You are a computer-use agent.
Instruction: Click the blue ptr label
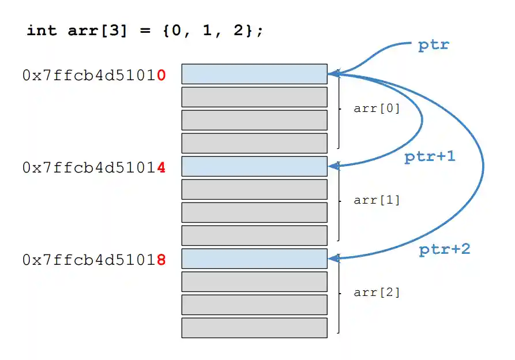(x=433, y=46)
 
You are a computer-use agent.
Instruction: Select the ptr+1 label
(x=430, y=156)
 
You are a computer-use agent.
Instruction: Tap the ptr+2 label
(x=444, y=249)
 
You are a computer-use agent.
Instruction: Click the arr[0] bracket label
(x=377, y=108)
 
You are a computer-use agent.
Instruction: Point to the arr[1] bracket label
(x=377, y=200)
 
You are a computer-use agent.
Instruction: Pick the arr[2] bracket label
(x=377, y=292)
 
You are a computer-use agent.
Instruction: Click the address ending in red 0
(x=94, y=76)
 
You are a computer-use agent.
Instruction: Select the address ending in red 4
(x=94, y=167)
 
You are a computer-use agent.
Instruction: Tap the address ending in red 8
(x=94, y=260)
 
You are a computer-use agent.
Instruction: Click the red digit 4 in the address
(x=161, y=167)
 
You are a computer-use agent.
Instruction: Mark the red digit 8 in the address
(x=161, y=260)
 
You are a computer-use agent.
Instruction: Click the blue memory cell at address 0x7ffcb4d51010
(x=254, y=74)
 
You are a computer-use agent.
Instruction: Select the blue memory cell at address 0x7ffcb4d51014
(x=254, y=166)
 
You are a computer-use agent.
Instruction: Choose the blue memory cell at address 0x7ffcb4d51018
(x=254, y=258)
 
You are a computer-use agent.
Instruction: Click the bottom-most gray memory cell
(x=254, y=328)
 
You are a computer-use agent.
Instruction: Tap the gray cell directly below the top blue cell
(x=254, y=97)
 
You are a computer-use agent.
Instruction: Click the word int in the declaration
(x=42, y=31)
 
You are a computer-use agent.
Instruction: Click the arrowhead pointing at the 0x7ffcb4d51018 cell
(x=332, y=258)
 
